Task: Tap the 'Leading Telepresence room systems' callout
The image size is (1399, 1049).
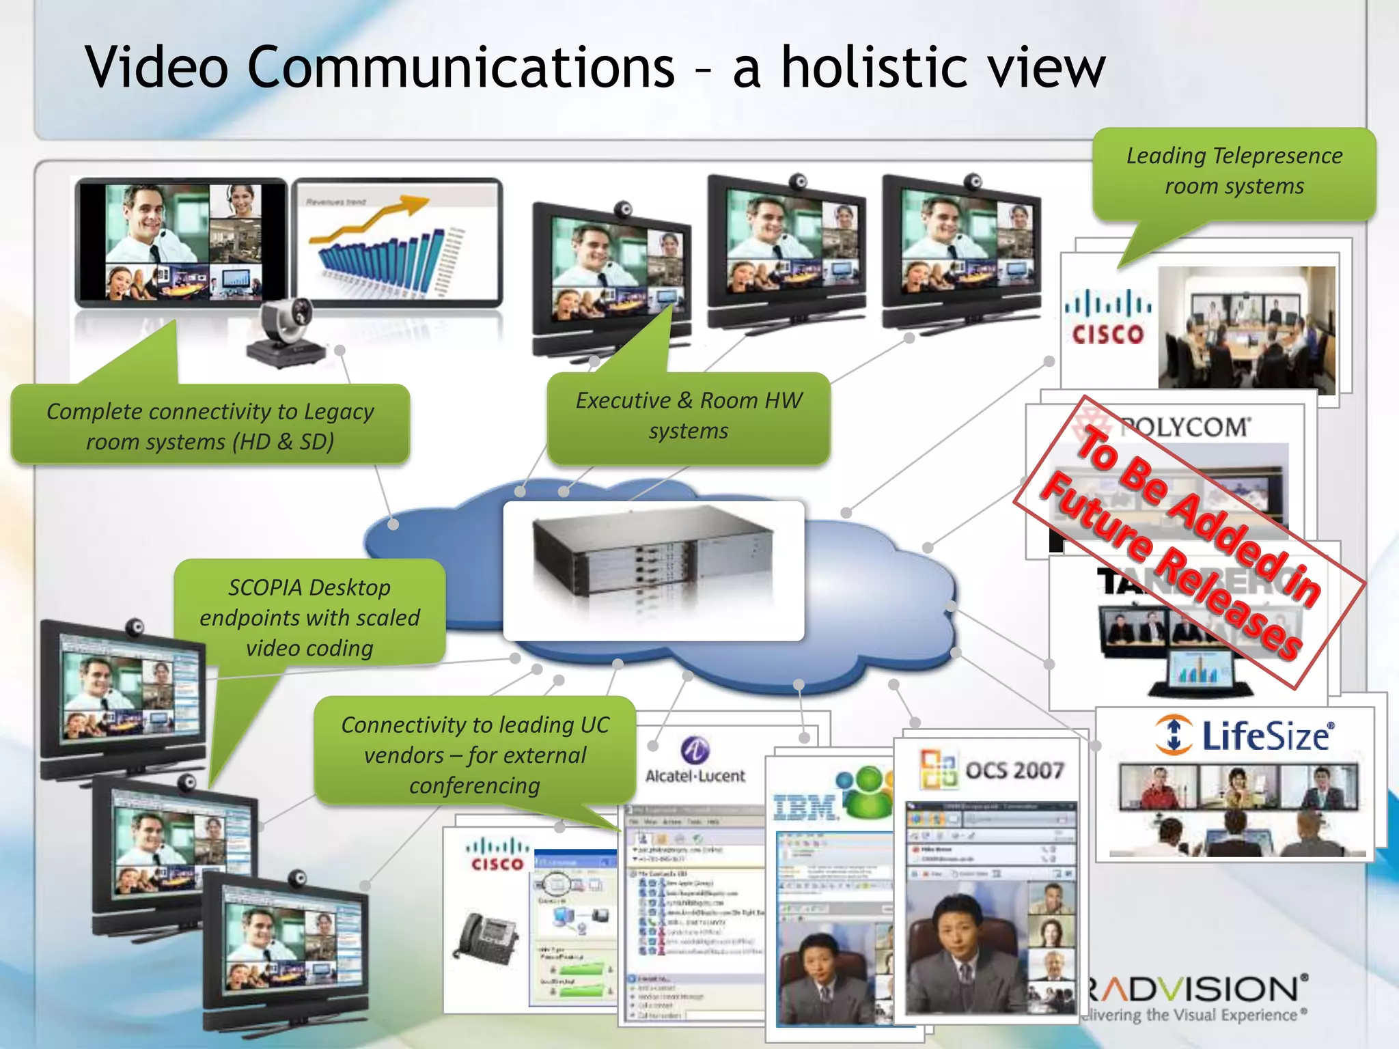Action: (x=1234, y=171)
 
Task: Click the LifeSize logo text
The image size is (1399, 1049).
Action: (x=1264, y=736)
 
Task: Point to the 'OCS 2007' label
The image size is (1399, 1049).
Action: (x=1014, y=770)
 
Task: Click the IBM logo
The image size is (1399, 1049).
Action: (x=805, y=807)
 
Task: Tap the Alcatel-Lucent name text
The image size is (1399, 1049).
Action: (x=695, y=776)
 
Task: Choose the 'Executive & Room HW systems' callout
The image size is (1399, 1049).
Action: (x=689, y=415)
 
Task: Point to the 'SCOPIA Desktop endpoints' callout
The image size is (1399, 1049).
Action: (x=309, y=617)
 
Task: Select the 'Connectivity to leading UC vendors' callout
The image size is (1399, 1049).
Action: (x=475, y=754)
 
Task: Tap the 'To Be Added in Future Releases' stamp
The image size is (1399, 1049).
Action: (x=1188, y=540)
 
